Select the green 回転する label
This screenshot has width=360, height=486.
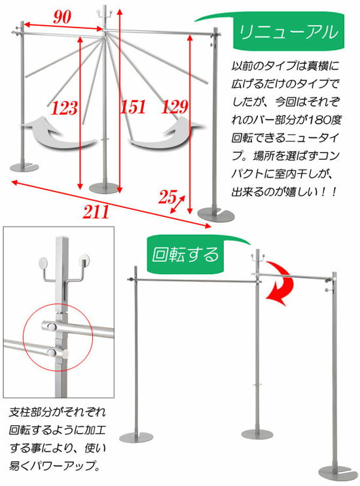click(x=186, y=252)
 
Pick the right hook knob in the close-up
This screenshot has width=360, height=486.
click(x=84, y=263)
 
